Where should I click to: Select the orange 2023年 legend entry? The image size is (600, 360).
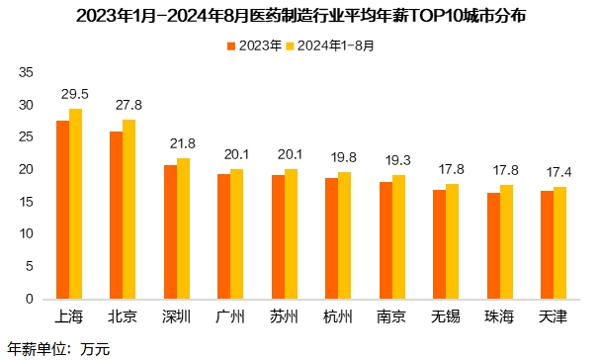coord(254,45)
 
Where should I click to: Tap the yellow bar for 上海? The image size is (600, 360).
coord(76,204)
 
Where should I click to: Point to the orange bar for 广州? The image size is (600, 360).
coord(223,236)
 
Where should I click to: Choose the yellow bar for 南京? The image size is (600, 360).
coord(398,236)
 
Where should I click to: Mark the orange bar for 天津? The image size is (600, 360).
coord(546,244)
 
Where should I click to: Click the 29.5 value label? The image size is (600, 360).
coord(76,94)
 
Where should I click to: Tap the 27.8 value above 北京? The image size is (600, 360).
coord(129,105)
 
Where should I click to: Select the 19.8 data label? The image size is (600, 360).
coord(344,156)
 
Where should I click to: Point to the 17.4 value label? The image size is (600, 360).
coord(558,172)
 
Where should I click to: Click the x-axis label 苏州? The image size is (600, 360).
coord(284,316)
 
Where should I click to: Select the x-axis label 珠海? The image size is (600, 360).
coord(498,316)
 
